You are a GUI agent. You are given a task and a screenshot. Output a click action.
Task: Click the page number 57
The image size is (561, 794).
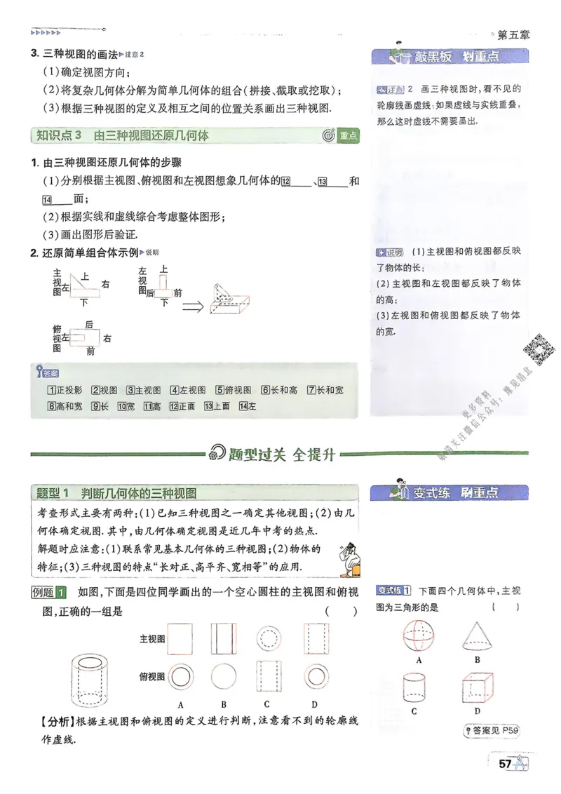tap(503, 764)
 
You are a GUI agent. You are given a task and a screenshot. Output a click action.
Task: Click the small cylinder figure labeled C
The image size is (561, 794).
tap(414, 687)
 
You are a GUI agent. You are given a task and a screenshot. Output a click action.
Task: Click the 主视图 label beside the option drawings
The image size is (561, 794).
tap(152, 638)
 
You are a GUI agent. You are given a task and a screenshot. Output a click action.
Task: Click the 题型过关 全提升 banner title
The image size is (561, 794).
tap(280, 454)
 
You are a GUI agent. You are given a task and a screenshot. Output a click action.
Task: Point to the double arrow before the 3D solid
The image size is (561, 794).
tap(193, 306)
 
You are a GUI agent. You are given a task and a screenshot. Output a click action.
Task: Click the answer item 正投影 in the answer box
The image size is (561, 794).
tap(65, 390)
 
